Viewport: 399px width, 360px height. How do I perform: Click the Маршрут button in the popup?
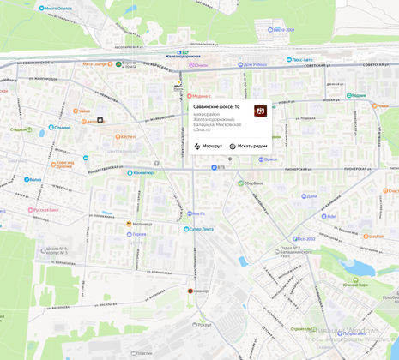point(208,147)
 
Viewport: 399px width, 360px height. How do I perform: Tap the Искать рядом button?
point(248,147)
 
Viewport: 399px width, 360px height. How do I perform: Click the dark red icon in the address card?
point(260,111)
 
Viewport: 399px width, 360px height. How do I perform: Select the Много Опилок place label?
point(56,8)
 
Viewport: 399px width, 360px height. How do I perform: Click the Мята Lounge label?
point(95,63)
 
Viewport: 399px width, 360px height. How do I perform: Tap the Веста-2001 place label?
point(281,29)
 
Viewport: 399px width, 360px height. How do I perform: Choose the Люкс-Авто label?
point(299,60)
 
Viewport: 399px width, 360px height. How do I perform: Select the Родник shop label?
point(357,95)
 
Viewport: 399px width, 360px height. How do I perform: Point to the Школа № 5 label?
point(56,250)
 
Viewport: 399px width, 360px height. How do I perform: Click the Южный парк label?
point(355,284)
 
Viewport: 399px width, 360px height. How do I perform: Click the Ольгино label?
point(59,127)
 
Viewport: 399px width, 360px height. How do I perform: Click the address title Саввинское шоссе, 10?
point(216,107)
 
